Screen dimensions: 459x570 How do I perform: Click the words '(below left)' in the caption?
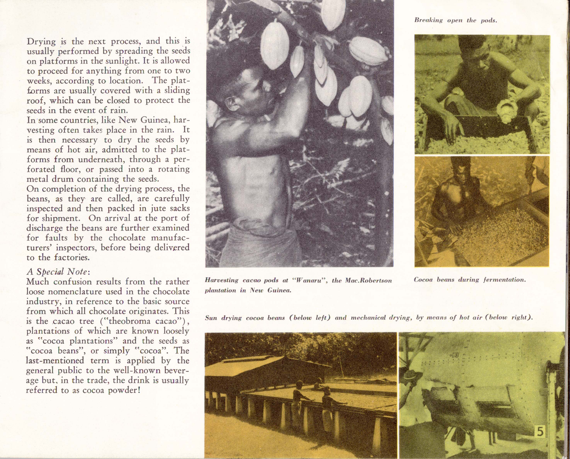(310, 318)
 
